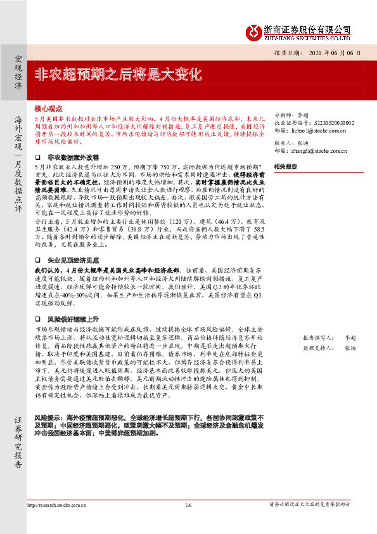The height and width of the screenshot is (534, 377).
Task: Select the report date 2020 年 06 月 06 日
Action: (x=335, y=54)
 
